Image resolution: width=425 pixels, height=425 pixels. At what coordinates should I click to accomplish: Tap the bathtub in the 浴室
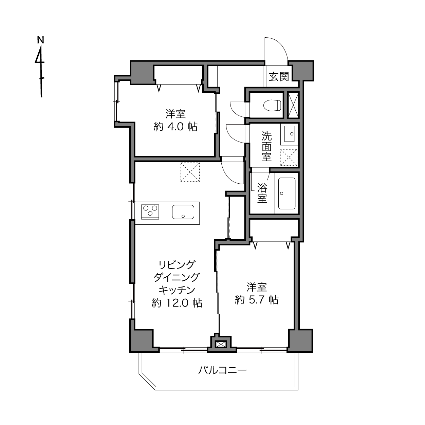coord(287,193)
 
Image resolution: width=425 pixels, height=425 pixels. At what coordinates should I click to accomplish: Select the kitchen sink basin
coord(183,212)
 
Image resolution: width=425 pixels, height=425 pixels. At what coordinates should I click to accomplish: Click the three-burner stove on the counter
coord(150,212)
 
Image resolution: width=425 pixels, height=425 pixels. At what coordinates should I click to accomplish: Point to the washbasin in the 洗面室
coord(289,134)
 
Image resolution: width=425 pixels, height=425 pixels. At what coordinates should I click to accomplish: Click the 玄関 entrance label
coord(279,76)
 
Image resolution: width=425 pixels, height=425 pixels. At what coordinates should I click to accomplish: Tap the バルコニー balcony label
coord(222,370)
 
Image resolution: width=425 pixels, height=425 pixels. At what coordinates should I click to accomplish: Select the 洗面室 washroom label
coord(266,146)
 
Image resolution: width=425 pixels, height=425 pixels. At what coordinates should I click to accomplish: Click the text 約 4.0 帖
coord(175,127)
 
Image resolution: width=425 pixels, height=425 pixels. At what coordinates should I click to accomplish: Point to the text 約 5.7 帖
coord(257,300)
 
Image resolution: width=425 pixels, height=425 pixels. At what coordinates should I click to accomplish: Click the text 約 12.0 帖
coord(177,303)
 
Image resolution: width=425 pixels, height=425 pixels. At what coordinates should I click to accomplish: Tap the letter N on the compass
coord(40,40)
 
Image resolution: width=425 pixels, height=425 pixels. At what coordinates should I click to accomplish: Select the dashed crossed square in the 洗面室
coord(289,158)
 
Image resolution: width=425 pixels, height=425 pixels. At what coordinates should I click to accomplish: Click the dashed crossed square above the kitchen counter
coord(190,172)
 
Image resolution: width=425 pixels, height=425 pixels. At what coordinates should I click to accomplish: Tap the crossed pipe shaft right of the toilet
coord(294,106)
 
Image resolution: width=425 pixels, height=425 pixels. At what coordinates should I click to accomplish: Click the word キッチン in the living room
coord(177,290)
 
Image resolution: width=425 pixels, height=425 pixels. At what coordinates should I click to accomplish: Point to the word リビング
coord(177,264)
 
